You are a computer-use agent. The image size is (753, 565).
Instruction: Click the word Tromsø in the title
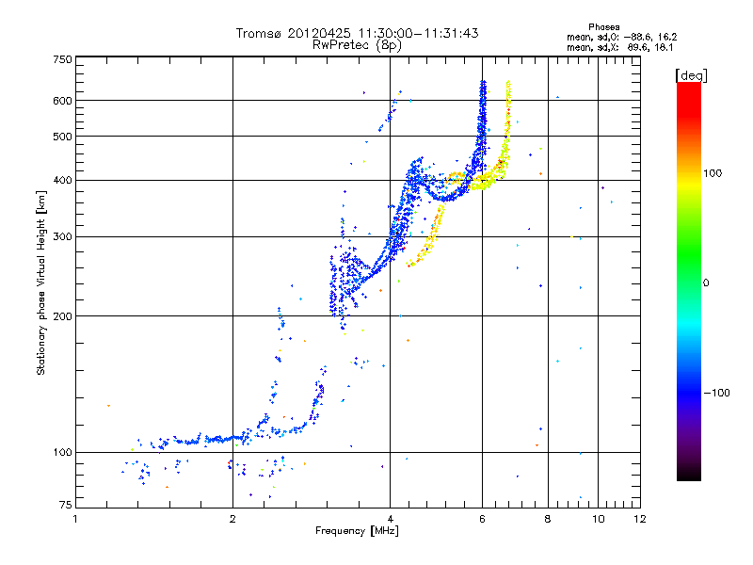259,33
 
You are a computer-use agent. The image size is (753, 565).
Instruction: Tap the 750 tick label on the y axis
61,59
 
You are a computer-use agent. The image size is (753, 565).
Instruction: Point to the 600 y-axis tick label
61,100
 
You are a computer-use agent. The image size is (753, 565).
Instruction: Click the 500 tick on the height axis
61,137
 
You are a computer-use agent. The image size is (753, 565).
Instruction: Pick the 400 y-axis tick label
61,180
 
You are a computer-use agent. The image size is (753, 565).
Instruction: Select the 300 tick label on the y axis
61,236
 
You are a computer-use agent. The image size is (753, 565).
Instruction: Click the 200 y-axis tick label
61,315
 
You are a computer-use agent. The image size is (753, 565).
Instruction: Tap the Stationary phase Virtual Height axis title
41,282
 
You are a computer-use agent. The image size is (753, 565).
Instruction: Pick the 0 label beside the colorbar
706,282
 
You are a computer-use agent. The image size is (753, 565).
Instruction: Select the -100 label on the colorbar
717,393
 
